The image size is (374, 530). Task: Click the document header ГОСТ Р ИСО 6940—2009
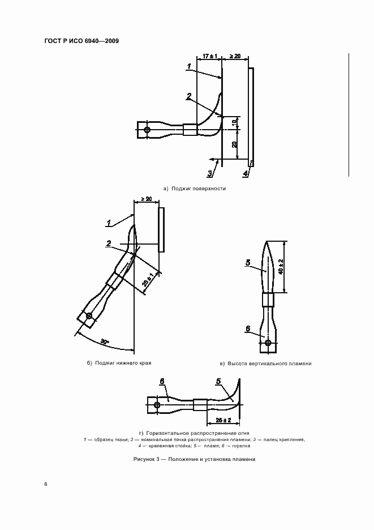click(81, 42)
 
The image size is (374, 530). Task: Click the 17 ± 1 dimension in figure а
click(209, 57)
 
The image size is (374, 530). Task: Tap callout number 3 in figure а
click(209, 173)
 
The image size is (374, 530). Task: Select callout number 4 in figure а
click(246, 173)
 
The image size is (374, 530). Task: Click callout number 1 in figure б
click(109, 223)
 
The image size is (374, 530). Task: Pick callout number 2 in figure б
click(108, 243)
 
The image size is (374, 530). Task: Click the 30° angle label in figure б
click(104, 342)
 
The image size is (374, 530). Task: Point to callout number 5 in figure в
click(248, 263)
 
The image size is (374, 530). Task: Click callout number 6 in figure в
click(248, 328)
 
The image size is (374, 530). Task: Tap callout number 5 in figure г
click(218, 382)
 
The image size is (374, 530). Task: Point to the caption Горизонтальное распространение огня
click(190, 432)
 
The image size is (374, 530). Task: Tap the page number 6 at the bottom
click(46, 484)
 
